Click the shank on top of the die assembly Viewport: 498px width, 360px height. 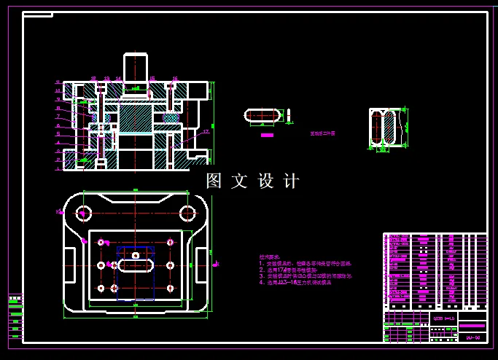point(136,70)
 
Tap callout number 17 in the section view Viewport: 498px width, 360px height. point(206,132)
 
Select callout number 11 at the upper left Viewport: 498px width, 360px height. point(58,82)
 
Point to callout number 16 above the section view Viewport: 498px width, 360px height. point(175,78)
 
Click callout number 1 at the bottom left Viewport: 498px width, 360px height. point(58,168)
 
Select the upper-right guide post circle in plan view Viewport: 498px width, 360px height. point(187,213)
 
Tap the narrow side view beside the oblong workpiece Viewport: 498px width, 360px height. point(289,115)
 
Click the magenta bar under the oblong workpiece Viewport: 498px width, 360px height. point(267,135)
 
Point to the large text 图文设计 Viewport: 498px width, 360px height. point(253,181)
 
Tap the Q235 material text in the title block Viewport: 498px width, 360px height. point(443,318)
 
